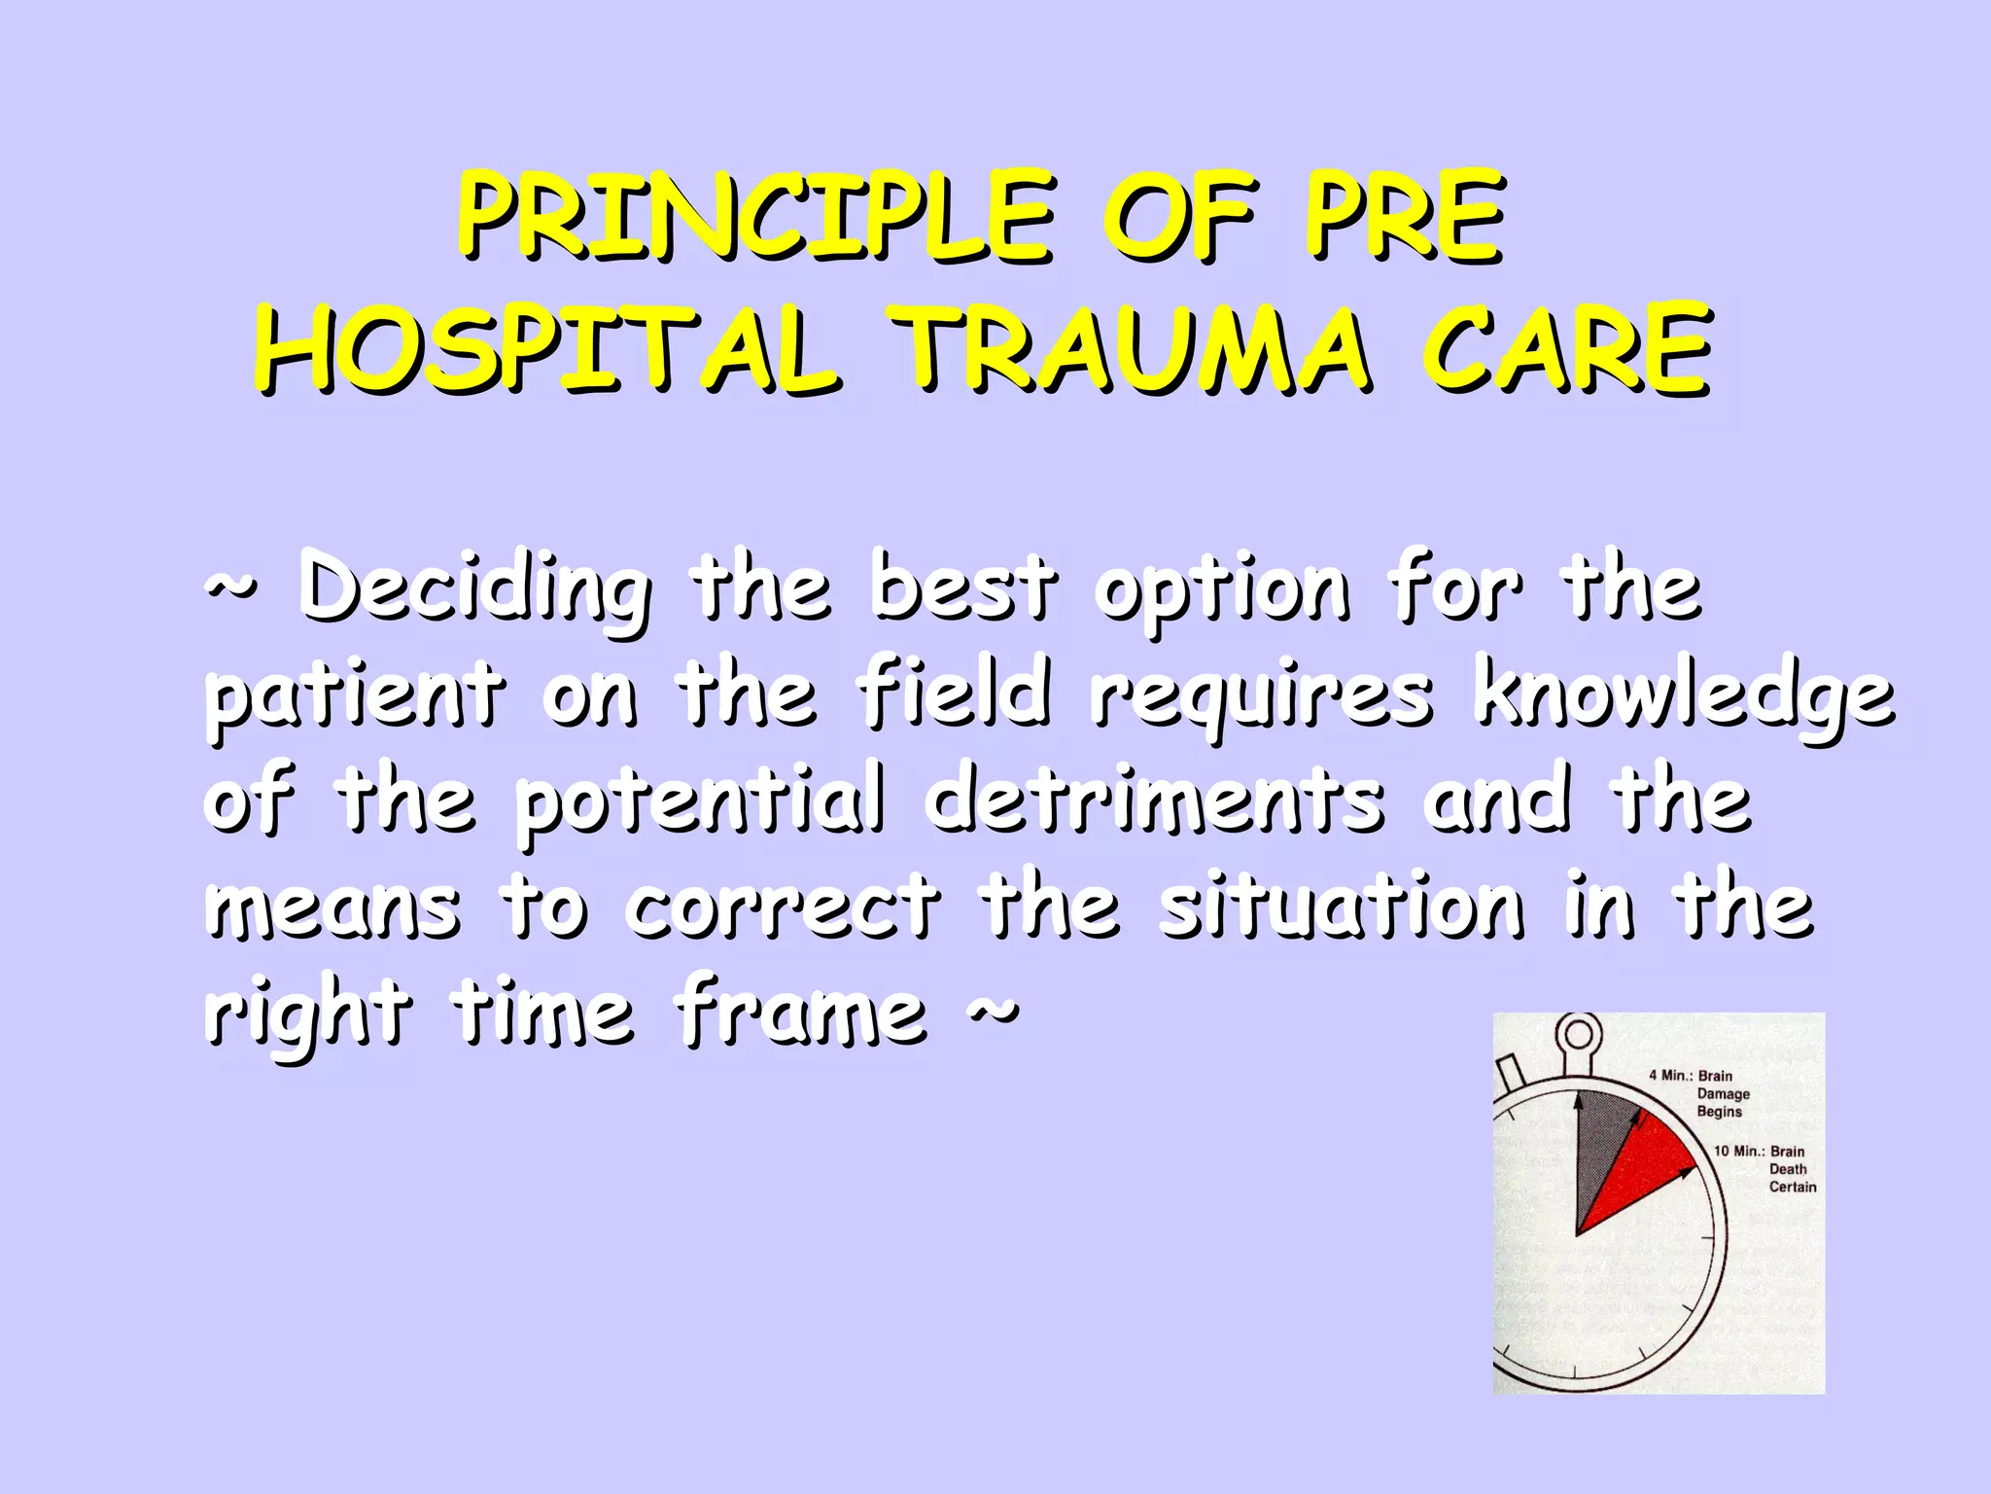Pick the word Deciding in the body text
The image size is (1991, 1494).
[x=473, y=589]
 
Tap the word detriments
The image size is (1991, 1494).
[x=1154, y=801]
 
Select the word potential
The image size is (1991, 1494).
[x=700, y=803]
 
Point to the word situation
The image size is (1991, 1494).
[x=1343, y=908]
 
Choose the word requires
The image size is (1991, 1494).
[x=1261, y=698]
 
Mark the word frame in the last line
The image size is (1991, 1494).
[x=801, y=1014]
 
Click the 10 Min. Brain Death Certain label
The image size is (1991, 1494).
[x=1765, y=1168]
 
